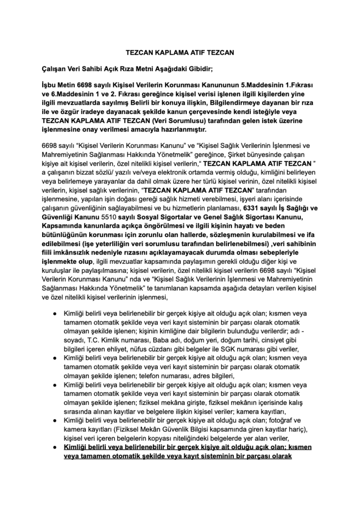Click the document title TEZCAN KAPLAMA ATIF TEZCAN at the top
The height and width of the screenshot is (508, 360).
click(179, 51)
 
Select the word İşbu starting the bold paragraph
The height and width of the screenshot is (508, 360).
click(52, 85)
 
